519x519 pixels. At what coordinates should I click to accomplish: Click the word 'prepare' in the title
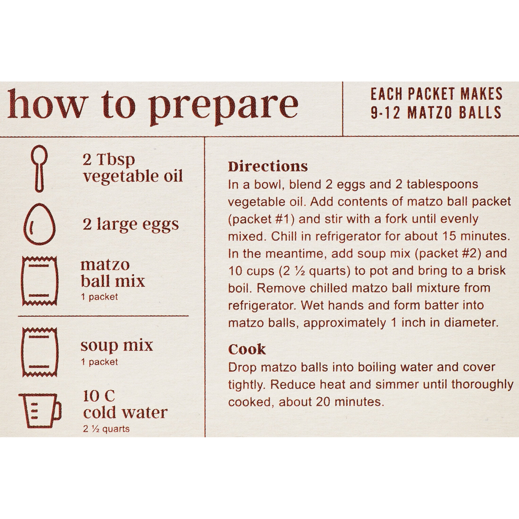click(x=224, y=106)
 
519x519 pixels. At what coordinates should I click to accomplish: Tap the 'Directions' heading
click(x=268, y=167)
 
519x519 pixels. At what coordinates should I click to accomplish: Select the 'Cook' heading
click(x=247, y=349)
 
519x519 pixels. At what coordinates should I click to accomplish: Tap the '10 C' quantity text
click(x=99, y=396)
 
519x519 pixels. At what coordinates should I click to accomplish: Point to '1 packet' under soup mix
click(x=99, y=362)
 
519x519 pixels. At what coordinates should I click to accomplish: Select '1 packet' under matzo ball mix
click(x=99, y=297)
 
